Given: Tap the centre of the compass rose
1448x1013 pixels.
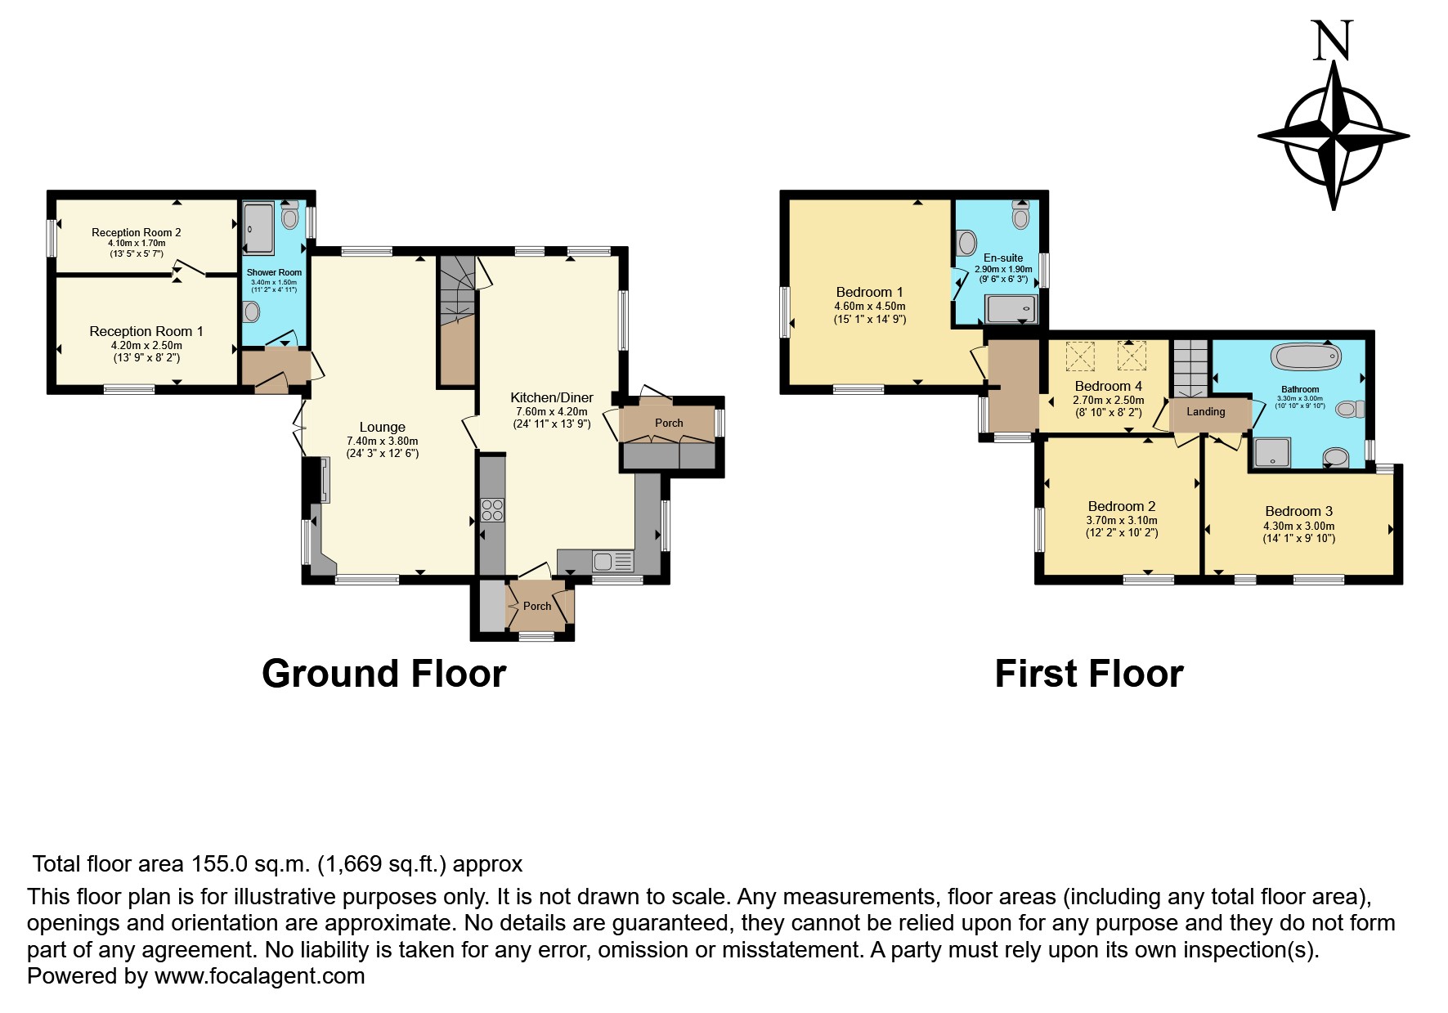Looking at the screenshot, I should pos(1334,135).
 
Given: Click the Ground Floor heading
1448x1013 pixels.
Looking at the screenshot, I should pos(383,674).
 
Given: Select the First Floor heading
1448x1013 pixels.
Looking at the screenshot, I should pos(1088,674).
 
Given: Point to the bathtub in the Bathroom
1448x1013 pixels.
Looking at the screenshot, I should pos(1306,356).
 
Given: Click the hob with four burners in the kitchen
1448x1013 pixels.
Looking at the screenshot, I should pos(492,510).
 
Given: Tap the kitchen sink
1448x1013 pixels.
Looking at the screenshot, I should pos(603,562).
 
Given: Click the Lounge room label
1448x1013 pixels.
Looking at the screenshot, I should pos(382,427).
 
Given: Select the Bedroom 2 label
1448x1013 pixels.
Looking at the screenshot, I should pos(1121,506).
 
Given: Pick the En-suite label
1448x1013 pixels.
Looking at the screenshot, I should pos(1002,258).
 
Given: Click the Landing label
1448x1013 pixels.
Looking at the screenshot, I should pos(1205,411).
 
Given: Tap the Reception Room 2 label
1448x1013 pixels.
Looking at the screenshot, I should pos(136,232).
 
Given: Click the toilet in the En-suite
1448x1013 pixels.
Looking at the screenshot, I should pos(1020,216).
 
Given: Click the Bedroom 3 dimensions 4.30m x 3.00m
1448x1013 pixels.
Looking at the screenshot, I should pos(1298,526).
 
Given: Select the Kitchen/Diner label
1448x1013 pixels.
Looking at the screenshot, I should pos(552,397).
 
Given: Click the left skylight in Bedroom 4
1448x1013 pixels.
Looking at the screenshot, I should pos(1079,356).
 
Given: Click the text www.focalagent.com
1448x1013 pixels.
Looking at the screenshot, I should pos(259,975).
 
